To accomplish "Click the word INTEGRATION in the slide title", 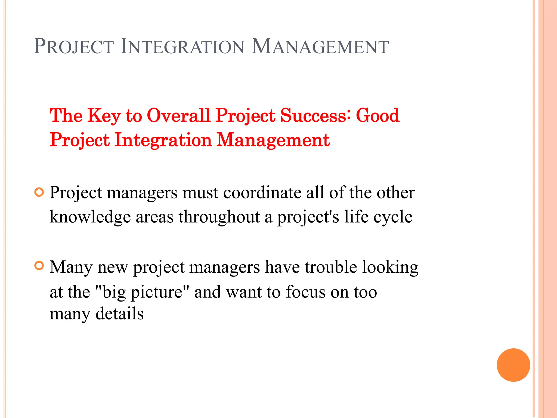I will pos(182,47).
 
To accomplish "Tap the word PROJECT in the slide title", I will pos(74,47).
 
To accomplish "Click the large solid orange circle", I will pos(513,365).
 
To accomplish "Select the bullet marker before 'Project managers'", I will pos(39,192).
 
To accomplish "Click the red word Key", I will pos(104,116).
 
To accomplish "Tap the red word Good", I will pos(377,116).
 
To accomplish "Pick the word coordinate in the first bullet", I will pos(262,193).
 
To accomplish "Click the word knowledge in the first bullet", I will pos(90,217).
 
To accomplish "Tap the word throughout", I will pos(219,217).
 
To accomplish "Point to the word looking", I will pos(390,268).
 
